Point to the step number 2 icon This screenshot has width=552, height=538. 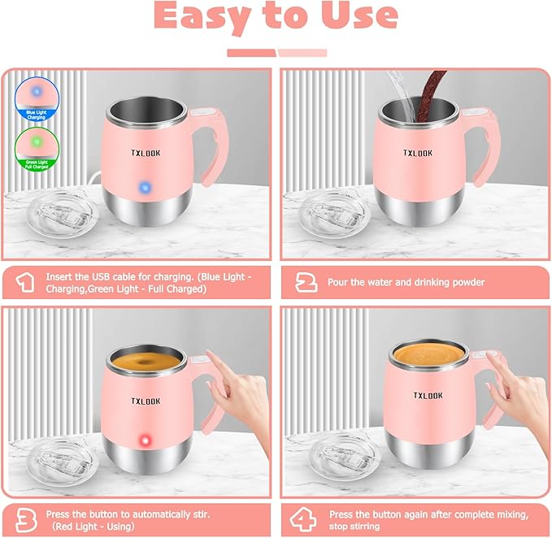(x=306, y=282)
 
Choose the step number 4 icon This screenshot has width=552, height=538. (x=307, y=519)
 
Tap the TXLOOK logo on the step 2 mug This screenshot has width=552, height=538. (x=418, y=152)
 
